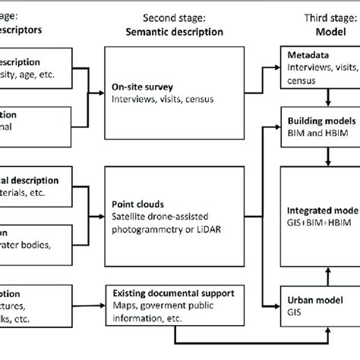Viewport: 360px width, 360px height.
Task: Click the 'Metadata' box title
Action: (x=311, y=55)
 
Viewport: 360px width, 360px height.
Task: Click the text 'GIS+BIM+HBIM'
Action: (x=322, y=221)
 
